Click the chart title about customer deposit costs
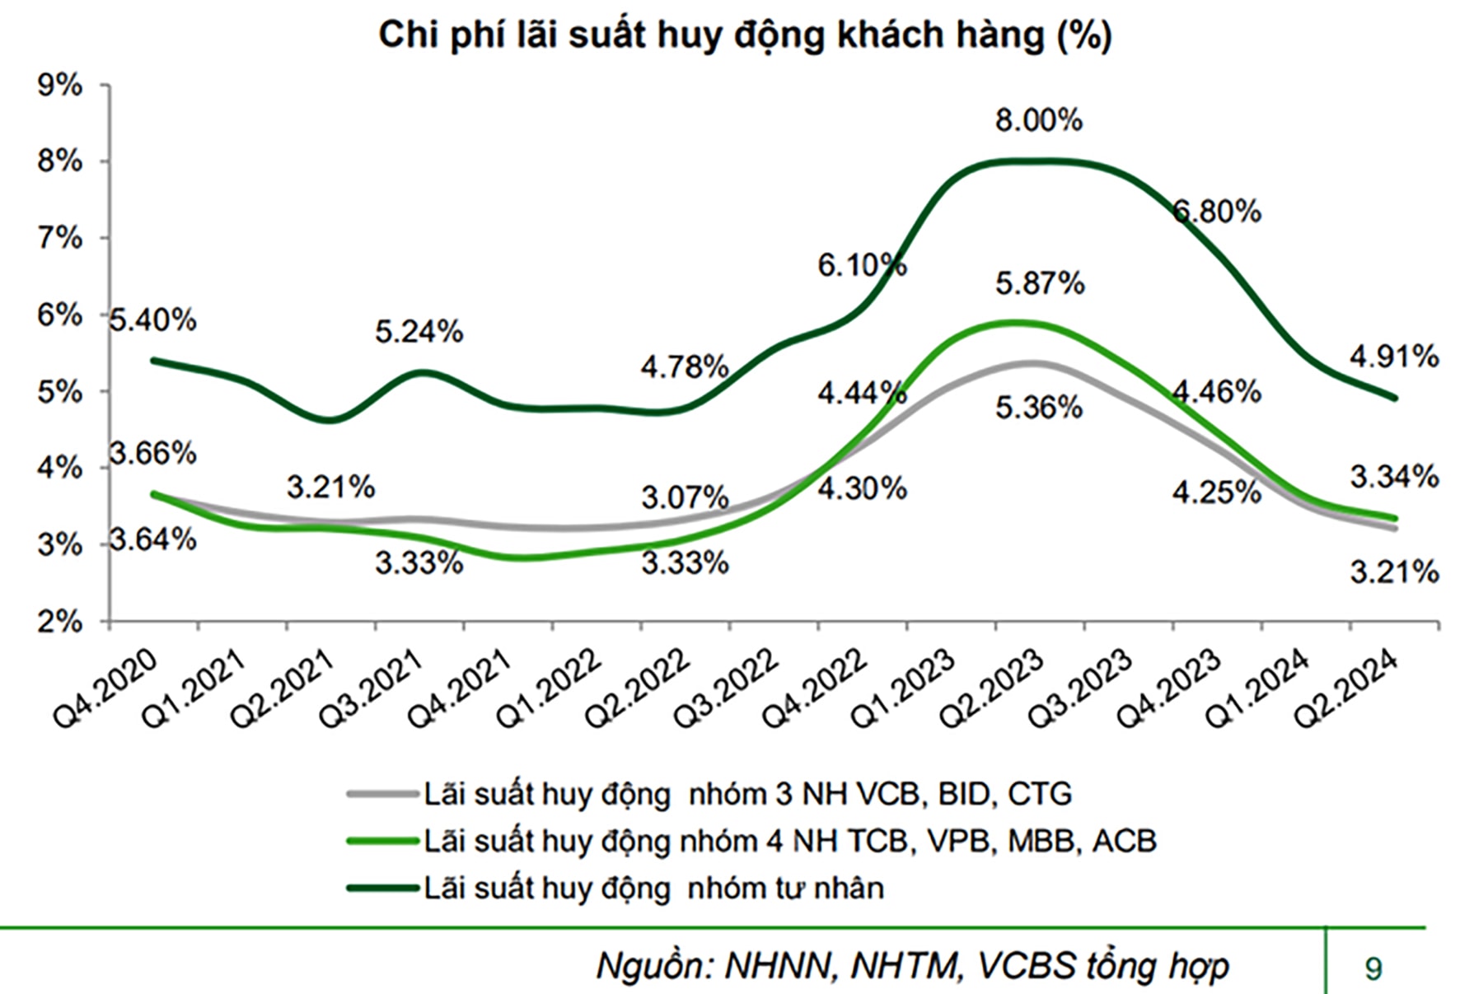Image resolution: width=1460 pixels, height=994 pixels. coord(745,36)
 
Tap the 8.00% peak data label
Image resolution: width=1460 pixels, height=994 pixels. coord(1038,121)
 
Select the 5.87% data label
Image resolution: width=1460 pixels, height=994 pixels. coord(1040,284)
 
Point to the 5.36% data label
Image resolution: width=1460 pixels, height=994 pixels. coord(1038,408)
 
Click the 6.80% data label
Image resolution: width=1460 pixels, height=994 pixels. coord(1217,212)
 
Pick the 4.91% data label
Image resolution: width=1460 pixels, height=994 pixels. coord(1394,357)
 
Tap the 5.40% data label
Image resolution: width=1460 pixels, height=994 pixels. coord(153,320)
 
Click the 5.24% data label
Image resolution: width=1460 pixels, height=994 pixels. coord(419,332)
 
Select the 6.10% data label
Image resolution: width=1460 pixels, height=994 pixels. coord(862,265)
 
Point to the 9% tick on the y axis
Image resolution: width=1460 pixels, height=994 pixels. coord(60,85)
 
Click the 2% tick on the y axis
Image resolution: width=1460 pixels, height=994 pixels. coord(60,622)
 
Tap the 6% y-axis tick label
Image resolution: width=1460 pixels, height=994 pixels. coord(60,315)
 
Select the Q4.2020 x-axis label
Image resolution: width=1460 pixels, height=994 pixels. coord(105,688)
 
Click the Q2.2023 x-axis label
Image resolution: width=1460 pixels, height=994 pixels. coord(993,688)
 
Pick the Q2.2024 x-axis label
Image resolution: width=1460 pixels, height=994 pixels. coord(1347,688)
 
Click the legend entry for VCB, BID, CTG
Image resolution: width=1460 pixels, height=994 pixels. coord(747,794)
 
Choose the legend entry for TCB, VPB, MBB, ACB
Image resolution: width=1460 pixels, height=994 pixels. coord(789,841)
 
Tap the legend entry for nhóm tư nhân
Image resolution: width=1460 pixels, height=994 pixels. coord(653,888)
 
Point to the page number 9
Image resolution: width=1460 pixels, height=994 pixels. coord(1373,968)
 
